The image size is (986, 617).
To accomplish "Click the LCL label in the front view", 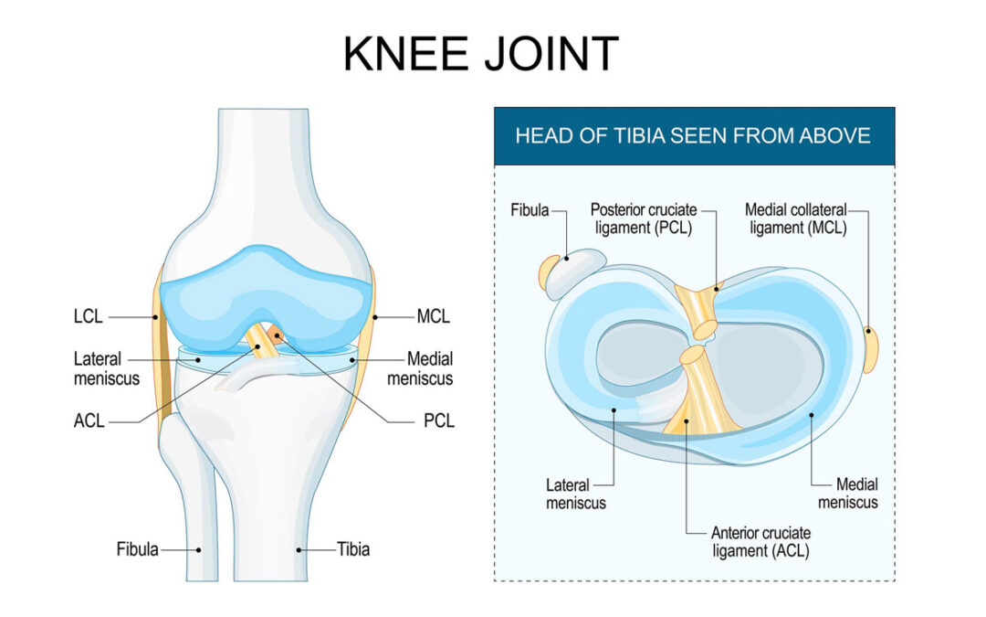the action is (x=88, y=316).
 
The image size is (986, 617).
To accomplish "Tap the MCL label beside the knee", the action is (x=434, y=316).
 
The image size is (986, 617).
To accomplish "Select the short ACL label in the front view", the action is (x=89, y=420).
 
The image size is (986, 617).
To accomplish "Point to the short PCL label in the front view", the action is (x=438, y=420).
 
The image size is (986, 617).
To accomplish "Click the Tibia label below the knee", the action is (x=352, y=549).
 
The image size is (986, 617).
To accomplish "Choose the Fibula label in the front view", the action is (x=137, y=549).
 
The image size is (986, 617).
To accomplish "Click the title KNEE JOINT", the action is (x=481, y=54).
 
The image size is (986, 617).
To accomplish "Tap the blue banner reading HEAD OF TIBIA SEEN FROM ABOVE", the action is (x=694, y=136).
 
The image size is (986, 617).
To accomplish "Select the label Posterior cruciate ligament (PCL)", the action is (x=644, y=218).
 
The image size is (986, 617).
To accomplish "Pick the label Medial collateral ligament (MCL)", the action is (x=796, y=218).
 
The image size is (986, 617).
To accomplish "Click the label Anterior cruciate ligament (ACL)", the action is (x=760, y=541).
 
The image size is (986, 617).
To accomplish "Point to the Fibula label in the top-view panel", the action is (x=530, y=209).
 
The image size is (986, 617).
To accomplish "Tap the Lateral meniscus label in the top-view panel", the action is (x=575, y=495).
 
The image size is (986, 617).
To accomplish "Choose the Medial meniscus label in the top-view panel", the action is (x=847, y=493).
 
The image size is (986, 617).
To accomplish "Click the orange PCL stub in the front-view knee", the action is (x=275, y=334).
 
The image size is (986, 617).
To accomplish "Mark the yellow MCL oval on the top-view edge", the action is (x=871, y=349).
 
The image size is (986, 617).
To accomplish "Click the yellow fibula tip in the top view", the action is (x=549, y=272).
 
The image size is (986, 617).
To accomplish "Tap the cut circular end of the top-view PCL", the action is (x=704, y=330).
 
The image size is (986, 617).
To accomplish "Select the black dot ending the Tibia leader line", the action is (x=299, y=549).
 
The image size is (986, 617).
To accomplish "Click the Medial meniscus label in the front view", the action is (x=420, y=368).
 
